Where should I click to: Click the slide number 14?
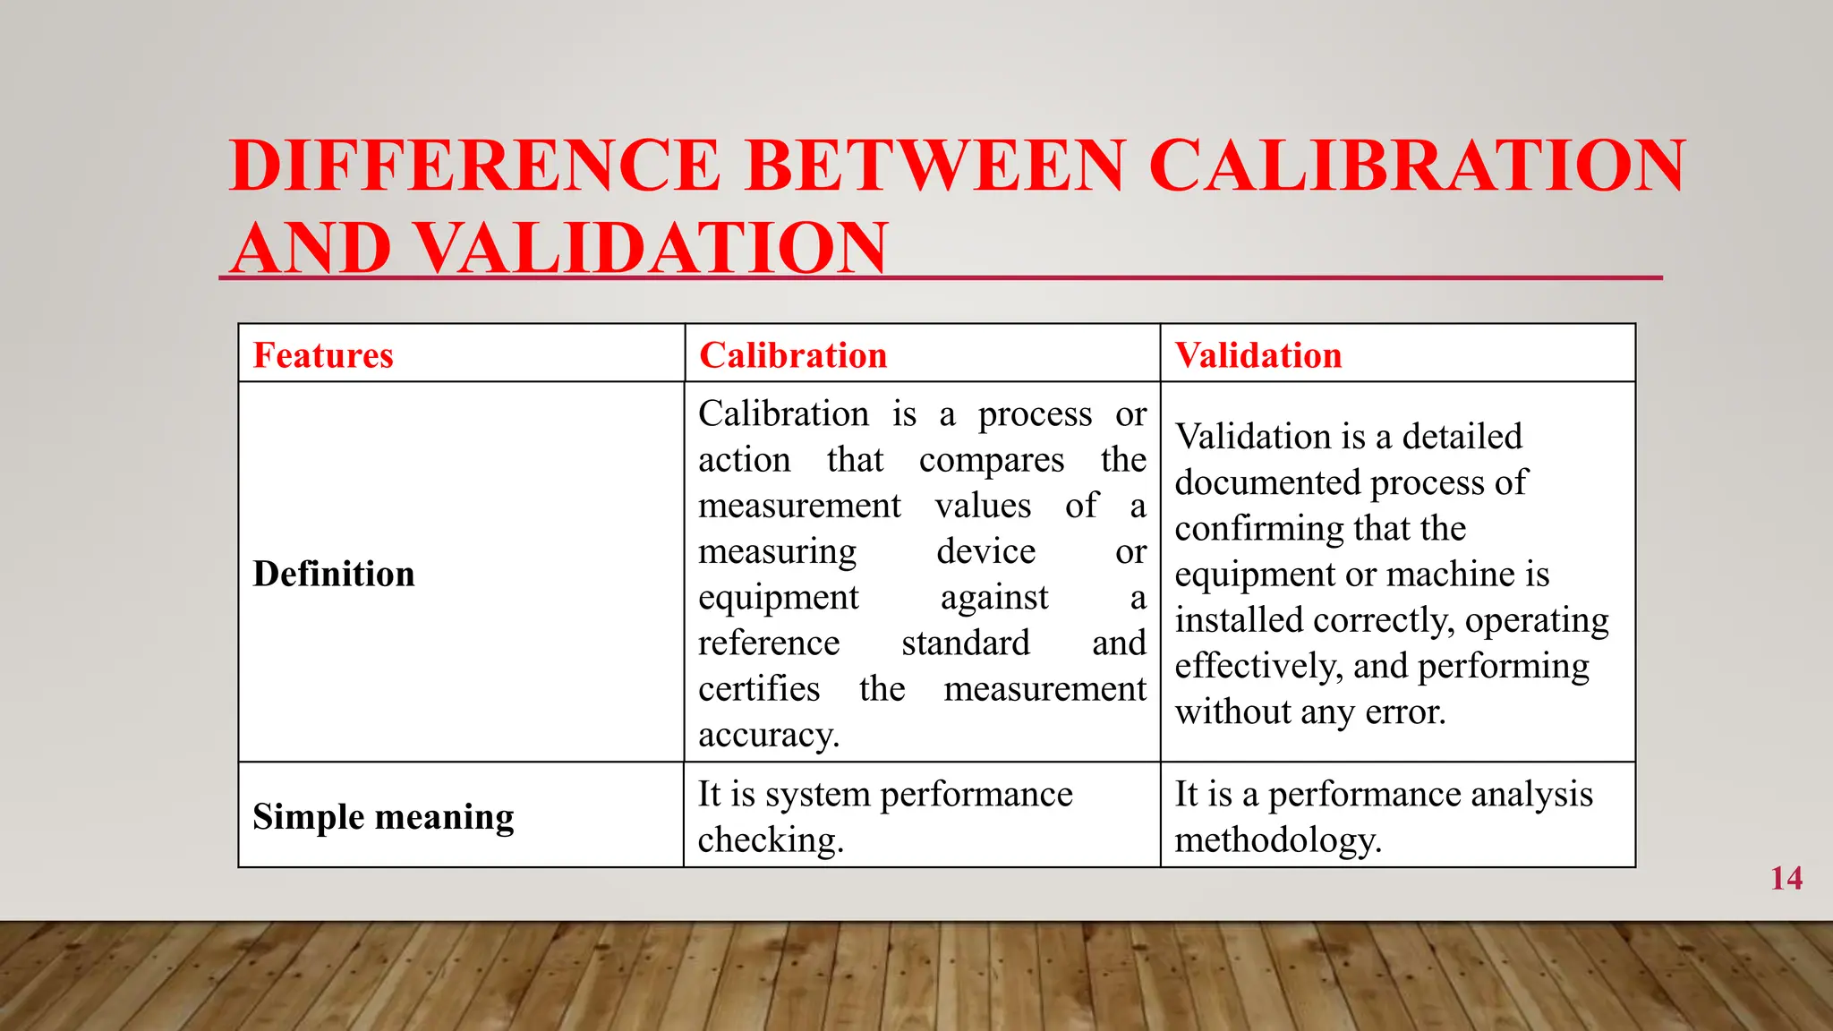coord(1786,878)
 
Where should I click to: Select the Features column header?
coord(323,355)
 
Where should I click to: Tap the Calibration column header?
coord(793,355)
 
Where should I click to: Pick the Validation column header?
coord(1258,355)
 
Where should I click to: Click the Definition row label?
coord(334,574)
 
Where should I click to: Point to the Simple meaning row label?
coord(383,817)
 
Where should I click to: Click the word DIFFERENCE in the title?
coord(475,166)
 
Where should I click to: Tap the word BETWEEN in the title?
coord(934,166)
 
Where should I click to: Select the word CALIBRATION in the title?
coord(1417,166)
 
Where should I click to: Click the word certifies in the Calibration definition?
coord(759,689)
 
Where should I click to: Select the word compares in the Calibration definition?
coord(992,460)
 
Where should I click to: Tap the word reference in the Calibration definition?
coord(769,643)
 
